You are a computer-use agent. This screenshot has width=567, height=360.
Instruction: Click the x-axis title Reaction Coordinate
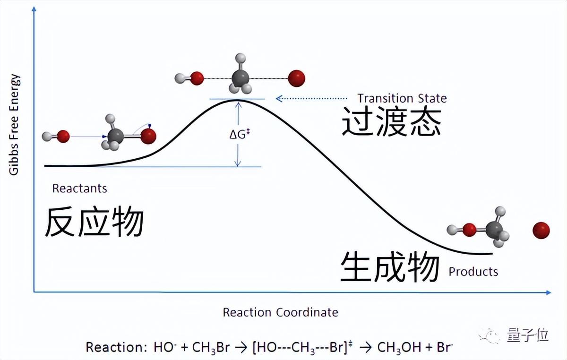[x=280, y=312]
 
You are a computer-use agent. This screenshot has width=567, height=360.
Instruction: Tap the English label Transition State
[x=402, y=98]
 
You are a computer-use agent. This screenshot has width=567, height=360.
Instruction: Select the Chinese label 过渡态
[x=391, y=122]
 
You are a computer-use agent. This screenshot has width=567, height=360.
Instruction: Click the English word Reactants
[x=79, y=189]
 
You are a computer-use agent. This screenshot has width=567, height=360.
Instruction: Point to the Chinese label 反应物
[x=94, y=222]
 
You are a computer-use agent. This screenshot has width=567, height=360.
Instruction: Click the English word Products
[x=473, y=272]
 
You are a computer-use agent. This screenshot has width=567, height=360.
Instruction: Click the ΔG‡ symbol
[x=239, y=134]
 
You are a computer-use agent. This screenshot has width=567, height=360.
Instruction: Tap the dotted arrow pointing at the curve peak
[x=312, y=98]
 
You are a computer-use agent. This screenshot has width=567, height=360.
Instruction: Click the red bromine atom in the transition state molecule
[x=297, y=78]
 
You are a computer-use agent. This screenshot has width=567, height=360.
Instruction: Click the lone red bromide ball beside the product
[x=541, y=231]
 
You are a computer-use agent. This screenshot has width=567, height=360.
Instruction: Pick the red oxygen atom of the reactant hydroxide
[x=63, y=137]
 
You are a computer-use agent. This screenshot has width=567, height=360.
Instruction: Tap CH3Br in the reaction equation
[x=211, y=348]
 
